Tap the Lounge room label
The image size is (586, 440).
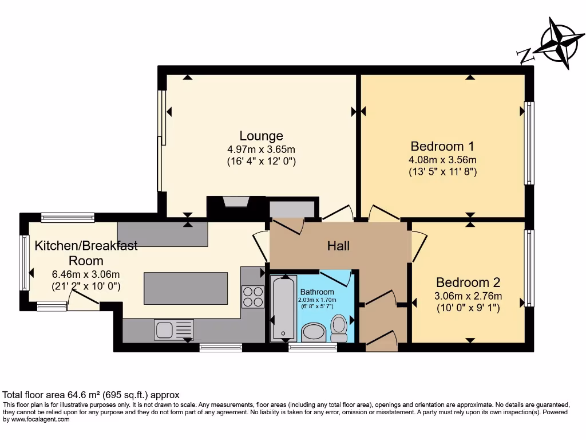point(261,136)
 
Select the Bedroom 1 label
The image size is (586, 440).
point(442,146)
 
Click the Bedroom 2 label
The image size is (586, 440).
point(468,282)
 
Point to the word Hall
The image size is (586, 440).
point(338,246)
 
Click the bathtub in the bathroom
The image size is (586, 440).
point(283,308)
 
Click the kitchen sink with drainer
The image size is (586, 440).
point(173,329)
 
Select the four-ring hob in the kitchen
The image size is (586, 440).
point(253,296)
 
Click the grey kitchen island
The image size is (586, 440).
point(185,289)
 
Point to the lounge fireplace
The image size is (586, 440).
point(236,204)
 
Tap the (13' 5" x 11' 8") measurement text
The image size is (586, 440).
point(442,171)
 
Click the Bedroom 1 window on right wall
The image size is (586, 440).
point(529,144)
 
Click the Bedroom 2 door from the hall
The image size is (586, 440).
point(418,246)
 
